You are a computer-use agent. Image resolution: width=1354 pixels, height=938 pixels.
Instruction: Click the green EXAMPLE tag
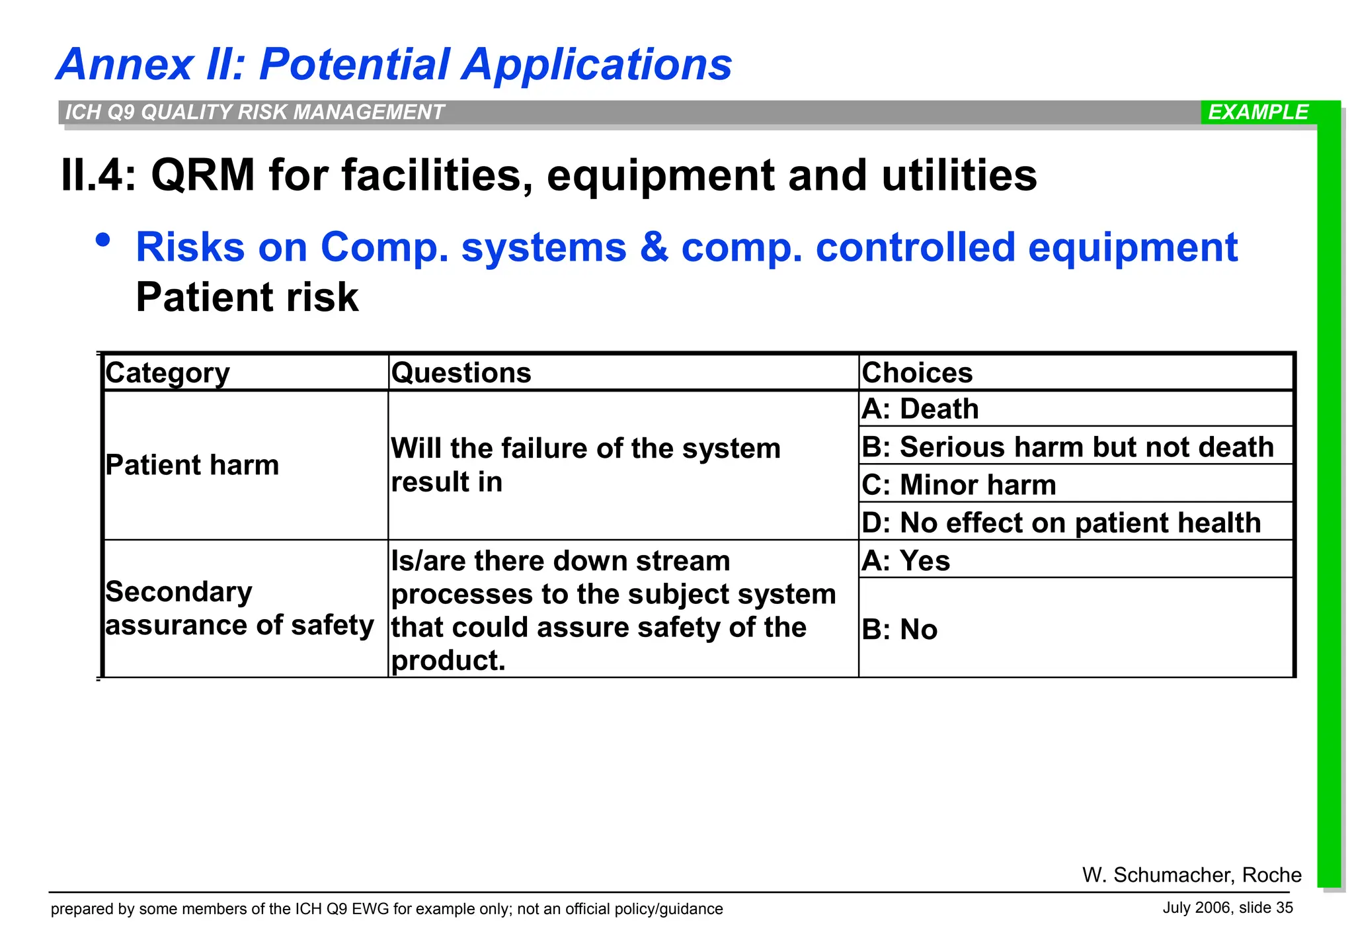(1257, 112)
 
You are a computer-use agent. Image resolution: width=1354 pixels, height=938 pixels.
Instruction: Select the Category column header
(167, 373)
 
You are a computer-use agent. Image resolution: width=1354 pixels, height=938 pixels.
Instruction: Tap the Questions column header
(461, 373)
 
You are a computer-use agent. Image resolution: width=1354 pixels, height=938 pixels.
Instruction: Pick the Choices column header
(917, 373)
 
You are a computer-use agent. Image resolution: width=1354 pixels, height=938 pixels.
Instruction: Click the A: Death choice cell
(920, 409)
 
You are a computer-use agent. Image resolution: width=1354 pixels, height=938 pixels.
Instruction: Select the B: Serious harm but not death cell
(1067, 447)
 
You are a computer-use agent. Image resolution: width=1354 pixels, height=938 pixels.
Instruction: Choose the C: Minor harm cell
(959, 485)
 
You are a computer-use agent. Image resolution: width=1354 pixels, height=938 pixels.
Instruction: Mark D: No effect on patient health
(1061, 523)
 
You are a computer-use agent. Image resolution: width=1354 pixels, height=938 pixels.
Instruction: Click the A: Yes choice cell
(906, 561)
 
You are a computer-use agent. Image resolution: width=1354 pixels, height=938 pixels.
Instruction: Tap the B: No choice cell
(899, 629)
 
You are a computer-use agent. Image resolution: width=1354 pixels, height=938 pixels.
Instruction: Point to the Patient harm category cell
(192, 465)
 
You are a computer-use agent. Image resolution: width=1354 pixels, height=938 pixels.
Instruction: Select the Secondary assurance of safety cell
(239, 609)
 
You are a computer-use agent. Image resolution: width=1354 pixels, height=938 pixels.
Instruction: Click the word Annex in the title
(125, 65)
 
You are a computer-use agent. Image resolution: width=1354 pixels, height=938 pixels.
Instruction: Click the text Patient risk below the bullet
(247, 297)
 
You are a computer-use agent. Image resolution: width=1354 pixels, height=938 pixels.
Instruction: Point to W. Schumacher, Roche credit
(1191, 874)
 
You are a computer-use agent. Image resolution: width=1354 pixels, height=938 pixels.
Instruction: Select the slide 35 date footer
(1227, 908)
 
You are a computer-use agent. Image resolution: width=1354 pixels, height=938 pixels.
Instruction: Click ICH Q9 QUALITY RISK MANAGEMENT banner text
(255, 112)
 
